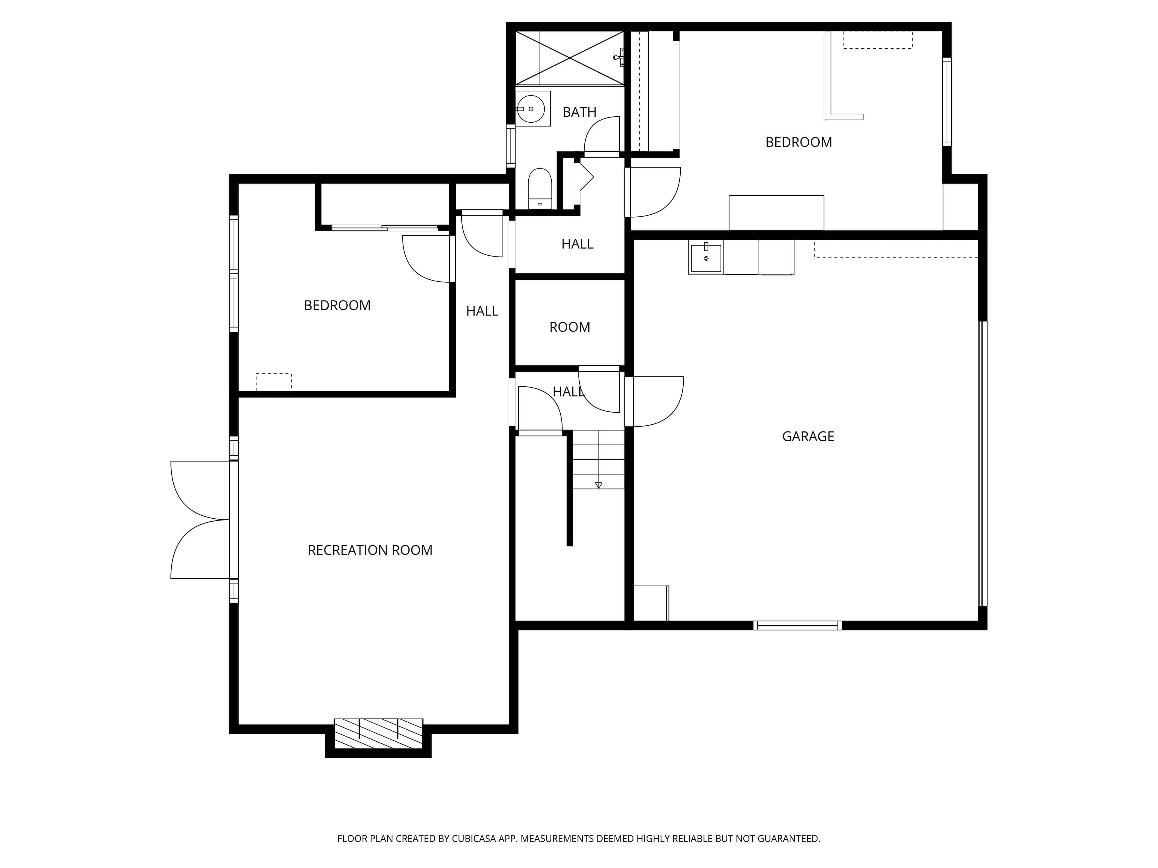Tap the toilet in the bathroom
(540, 188)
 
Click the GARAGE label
(808, 436)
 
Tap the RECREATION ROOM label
(370, 550)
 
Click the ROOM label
(570, 328)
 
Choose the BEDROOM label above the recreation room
(337, 306)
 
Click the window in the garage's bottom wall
(797, 625)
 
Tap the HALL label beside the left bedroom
(482, 311)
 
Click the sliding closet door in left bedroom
(385, 228)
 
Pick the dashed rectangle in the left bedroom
(273, 382)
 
